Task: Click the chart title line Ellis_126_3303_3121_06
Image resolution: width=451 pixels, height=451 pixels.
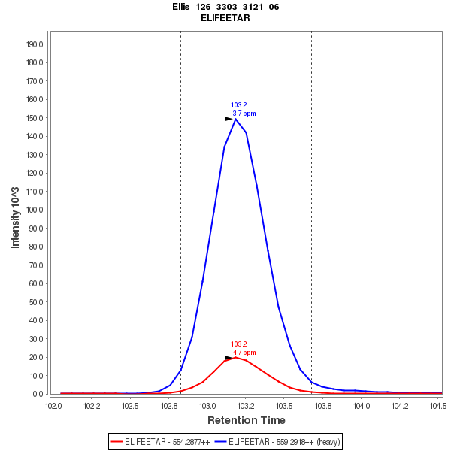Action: [225, 7]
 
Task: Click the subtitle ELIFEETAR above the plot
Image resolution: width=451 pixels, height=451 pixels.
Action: [225, 17]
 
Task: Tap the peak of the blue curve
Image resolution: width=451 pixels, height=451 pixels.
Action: [235, 119]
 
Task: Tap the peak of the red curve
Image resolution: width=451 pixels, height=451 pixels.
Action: [235, 357]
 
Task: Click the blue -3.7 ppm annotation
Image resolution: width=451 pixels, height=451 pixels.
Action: [243, 114]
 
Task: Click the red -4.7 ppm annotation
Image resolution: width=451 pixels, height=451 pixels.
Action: [243, 353]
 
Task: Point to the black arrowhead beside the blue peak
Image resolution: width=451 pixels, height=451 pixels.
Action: [229, 119]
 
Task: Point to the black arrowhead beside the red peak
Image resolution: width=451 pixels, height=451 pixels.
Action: [229, 358]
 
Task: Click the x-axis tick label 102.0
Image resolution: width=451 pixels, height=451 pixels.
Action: [53, 406]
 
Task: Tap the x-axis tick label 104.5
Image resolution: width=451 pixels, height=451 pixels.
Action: [436, 406]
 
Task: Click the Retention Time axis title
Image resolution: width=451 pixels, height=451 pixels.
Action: [247, 420]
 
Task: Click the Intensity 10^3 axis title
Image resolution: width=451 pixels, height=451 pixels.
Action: [16, 213]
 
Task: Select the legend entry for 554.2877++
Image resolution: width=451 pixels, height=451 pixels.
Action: [159, 442]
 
